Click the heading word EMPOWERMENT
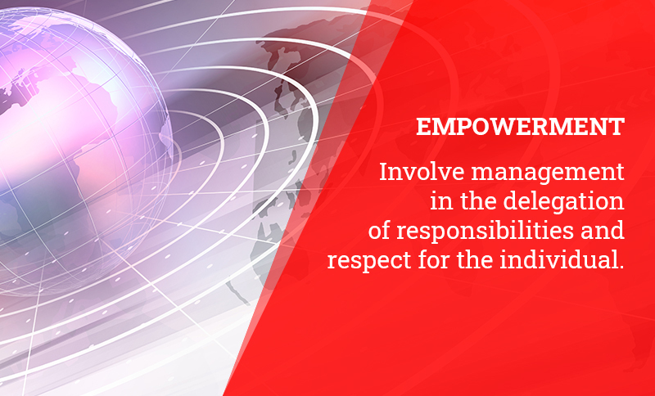[x=520, y=127]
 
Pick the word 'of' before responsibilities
[x=378, y=231]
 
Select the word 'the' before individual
[x=475, y=259]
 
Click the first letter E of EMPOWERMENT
[x=423, y=128]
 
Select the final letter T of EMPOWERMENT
[x=617, y=128]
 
